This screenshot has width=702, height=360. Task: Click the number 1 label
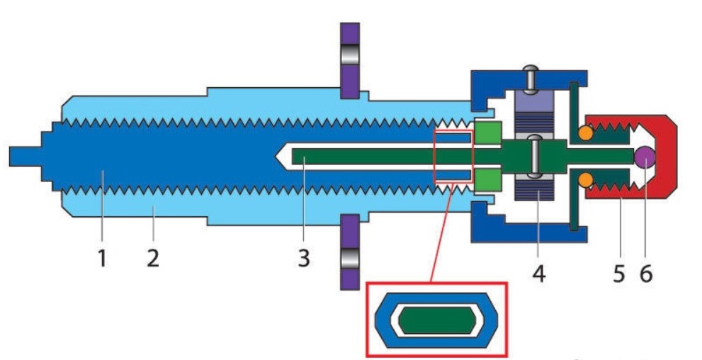[x=102, y=258]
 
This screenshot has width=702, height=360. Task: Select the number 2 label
[x=153, y=258]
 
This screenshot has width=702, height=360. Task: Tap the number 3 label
[x=304, y=259]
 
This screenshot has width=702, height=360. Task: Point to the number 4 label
[x=539, y=274]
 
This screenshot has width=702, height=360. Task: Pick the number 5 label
[x=618, y=274]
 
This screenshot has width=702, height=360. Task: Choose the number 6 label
[x=645, y=274]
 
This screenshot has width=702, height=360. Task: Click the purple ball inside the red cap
[x=645, y=156]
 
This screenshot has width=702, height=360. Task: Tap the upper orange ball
[x=586, y=133]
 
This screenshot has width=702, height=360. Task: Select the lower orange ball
[x=586, y=180]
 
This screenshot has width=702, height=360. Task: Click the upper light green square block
[x=488, y=133]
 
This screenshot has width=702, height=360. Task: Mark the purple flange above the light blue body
[x=349, y=60]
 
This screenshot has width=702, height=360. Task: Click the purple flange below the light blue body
[x=349, y=252]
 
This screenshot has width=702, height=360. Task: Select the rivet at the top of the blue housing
[x=532, y=78]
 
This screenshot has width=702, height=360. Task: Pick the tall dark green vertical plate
[x=574, y=155]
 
